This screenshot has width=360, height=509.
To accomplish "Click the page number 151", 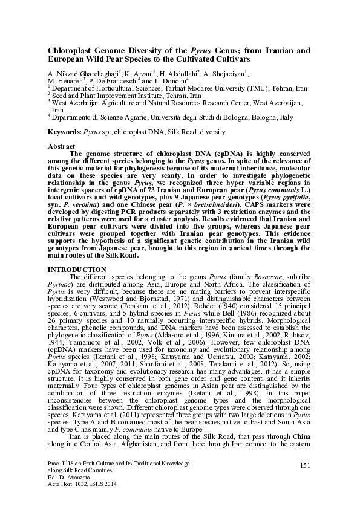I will pyautogui.click(x=304, y=463).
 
